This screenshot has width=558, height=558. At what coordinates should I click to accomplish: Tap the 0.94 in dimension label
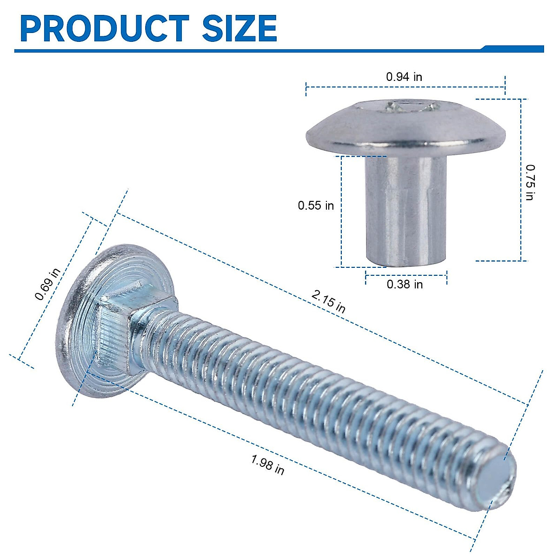pos(404,77)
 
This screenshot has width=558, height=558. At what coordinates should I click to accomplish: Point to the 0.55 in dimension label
pos(316,205)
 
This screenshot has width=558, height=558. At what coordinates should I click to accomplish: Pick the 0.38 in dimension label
pos(405,284)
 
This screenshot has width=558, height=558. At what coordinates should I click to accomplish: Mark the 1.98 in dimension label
pos(267,465)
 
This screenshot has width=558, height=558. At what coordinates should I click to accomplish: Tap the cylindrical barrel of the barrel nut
pos(405,209)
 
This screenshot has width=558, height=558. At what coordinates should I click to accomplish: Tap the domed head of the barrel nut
pos(405,128)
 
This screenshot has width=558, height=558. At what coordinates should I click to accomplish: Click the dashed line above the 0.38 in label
pos(406,275)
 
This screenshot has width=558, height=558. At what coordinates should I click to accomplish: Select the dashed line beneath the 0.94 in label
pos(405,86)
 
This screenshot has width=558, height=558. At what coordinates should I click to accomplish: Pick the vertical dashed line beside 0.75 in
pos(521,181)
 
